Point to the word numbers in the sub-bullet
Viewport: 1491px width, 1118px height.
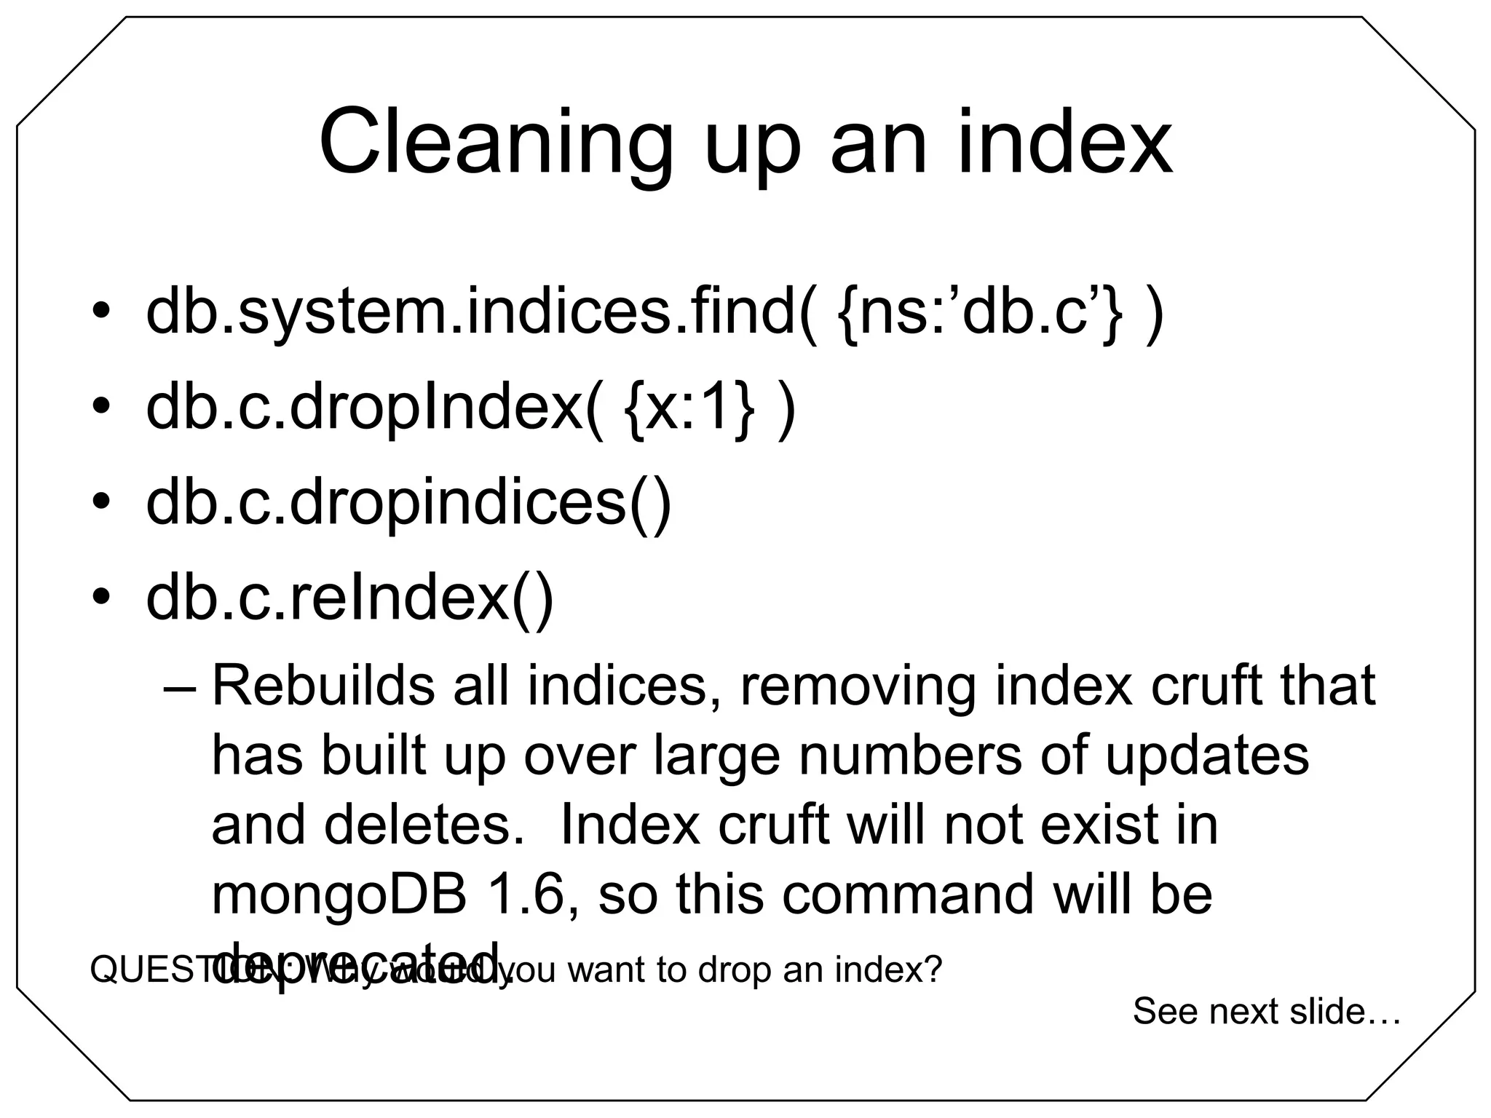tap(910, 756)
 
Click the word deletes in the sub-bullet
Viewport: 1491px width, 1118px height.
tap(424, 825)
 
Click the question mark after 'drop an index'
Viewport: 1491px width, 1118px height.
tap(933, 970)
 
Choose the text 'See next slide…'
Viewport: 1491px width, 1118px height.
tap(1266, 1012)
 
